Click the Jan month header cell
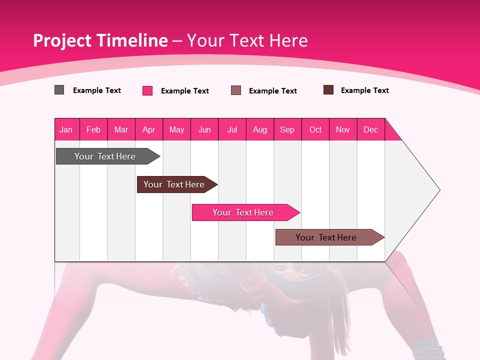(x=66, y=129)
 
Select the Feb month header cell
(x=93, y=129)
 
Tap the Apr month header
(x=149, y=129)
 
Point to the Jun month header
(x=204, y=129)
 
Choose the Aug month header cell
(x=260, y=129)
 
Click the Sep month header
(x=287, y=129)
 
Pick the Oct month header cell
(x=315, y=129)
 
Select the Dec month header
(x=371, y=129)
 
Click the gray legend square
(x=59, y=90)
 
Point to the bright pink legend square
(x=147, y=90)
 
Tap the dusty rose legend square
(x=236, y=90)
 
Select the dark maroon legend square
(x=328, y=90)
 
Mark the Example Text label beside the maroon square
(x=364, y=90)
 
